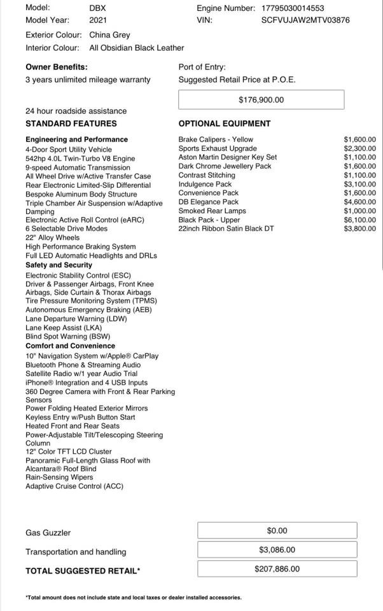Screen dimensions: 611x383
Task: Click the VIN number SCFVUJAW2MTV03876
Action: point(305,20)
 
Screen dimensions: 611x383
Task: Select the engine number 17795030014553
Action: point(293,8)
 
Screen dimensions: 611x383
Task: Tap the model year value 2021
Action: point(99,20)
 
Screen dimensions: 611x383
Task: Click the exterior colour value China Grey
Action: point(109,35)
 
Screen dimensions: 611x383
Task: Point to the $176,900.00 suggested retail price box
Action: point(261,100)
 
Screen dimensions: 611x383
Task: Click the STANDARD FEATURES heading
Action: point(71,123)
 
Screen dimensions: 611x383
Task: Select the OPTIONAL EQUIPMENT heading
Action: point(225,123)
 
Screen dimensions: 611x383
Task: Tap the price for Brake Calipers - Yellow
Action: point(359,139)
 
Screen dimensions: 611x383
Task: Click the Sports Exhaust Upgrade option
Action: point(218,148)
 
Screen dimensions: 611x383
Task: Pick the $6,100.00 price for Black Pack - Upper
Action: point(359,220)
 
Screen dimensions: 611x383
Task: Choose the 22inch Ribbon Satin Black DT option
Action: point(226,228)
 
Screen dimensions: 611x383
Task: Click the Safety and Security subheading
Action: point(59,265)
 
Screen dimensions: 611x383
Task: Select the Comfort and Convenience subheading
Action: point(70,346)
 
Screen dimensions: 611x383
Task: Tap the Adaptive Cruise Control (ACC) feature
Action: point(74,486)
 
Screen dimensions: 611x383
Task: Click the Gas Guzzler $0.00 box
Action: point(277,530)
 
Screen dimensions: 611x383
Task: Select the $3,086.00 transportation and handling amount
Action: point(277,549)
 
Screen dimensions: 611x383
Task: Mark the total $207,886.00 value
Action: point(277,569)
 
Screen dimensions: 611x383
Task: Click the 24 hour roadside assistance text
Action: point(76,111)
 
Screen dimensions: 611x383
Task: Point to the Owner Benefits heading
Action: point(57,67)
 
